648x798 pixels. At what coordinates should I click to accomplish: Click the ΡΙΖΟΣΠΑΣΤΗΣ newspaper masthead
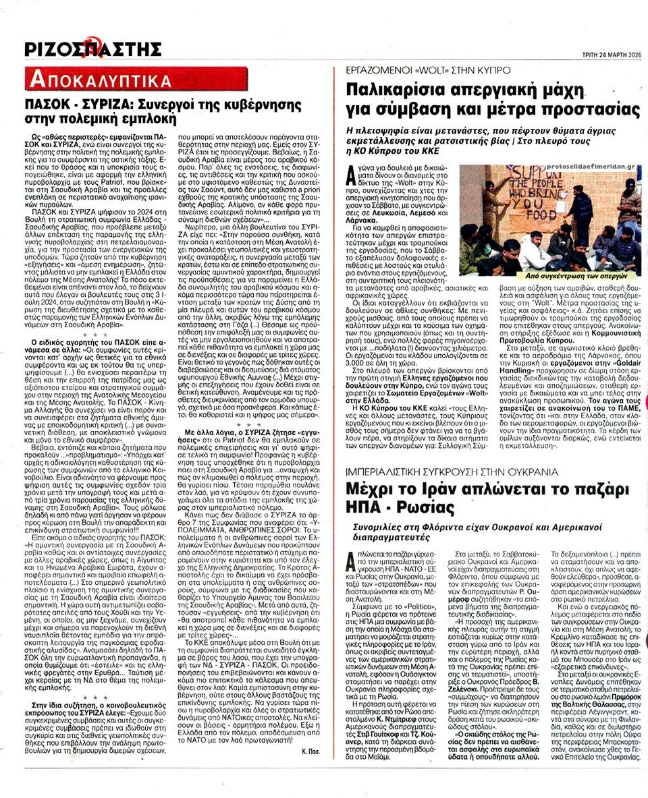point(93,49)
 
